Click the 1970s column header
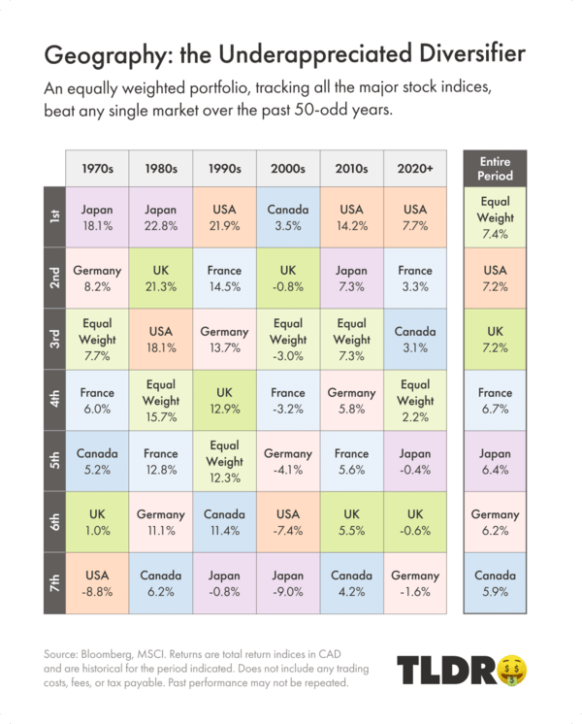point(97,167)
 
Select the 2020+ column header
point(415,167)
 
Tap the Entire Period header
point(495,167)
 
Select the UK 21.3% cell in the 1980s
point(161,278)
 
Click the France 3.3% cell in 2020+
point(415,278)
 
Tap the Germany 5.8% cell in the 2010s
point(352,399)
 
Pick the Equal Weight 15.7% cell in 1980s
point(161,399)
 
